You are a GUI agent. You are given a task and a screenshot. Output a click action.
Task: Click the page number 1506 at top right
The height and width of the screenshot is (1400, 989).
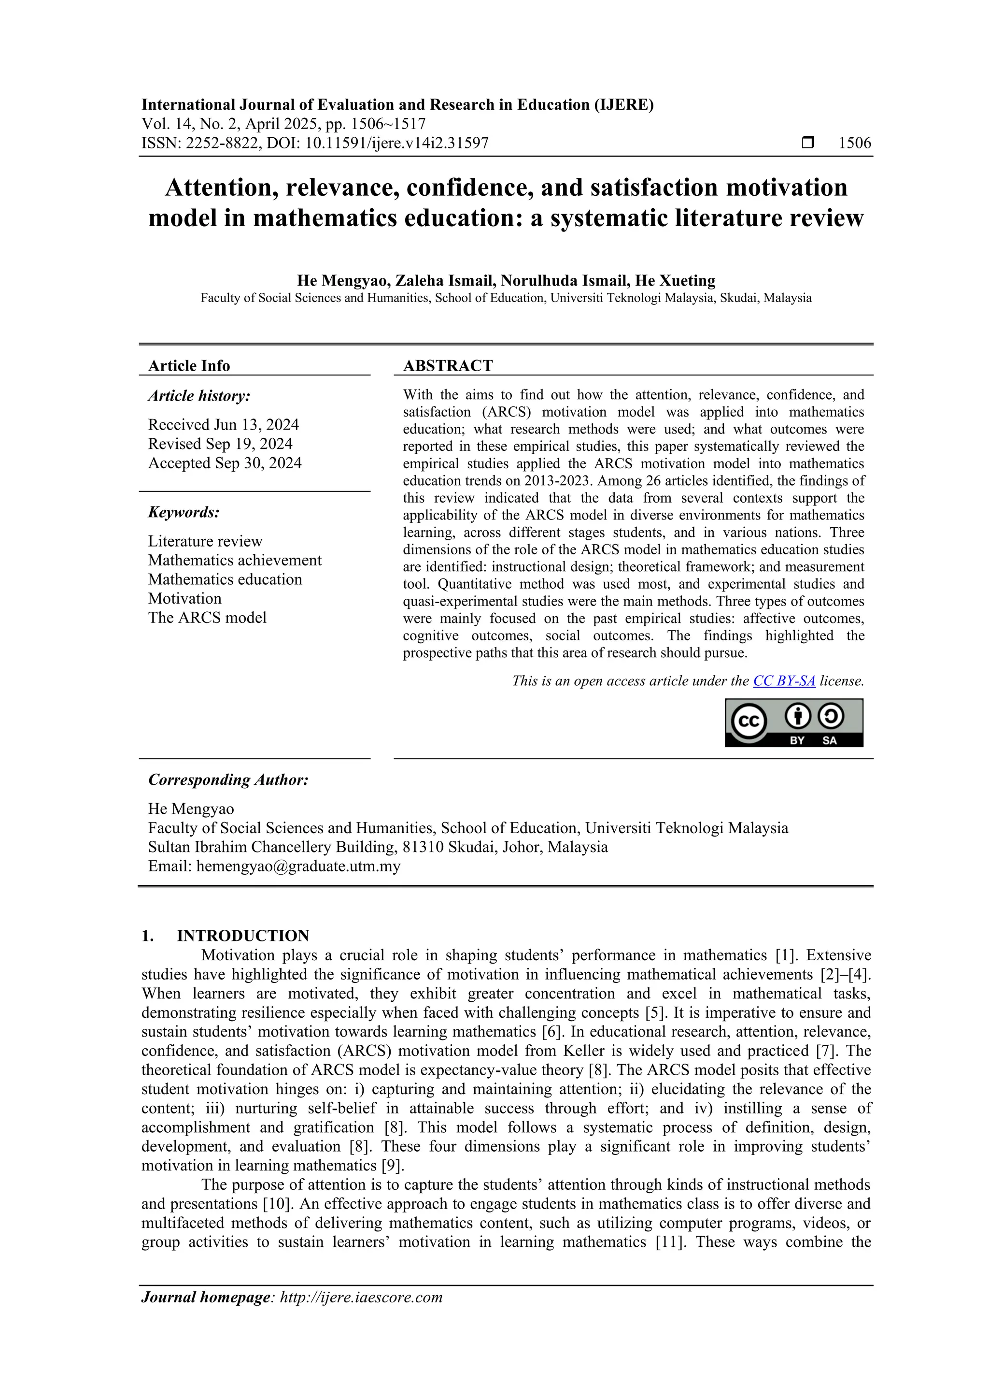[854, 144]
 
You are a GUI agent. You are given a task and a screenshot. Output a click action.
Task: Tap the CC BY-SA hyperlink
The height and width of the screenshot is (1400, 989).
[784, 681]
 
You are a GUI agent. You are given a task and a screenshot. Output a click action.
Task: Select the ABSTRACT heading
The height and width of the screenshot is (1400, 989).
[447, 366]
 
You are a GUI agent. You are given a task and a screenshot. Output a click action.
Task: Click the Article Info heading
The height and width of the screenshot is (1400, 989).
[189, 366]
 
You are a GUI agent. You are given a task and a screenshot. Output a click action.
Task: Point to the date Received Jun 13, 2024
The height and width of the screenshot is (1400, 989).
[223, 424]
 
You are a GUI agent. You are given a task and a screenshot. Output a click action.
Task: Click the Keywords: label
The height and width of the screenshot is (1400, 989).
[184, 512]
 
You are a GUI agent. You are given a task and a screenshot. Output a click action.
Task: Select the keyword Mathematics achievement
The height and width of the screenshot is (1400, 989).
[235, 561]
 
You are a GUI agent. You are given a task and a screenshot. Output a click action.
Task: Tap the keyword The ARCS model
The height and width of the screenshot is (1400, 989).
[207, 618]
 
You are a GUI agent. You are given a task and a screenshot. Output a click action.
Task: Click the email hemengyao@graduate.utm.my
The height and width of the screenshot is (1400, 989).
[298, 866]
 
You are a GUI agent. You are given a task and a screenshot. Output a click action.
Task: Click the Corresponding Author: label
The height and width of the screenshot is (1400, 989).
[228, 780]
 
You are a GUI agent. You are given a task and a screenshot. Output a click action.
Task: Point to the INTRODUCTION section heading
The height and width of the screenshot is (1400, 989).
[242, 936]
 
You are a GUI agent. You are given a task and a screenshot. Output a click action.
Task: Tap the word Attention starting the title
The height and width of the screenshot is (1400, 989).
[212, 188]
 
